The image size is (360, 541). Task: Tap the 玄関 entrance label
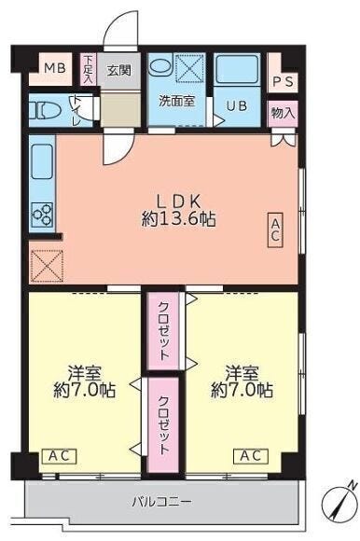(x=118, y=71)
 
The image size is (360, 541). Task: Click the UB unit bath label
(x=237, y=104)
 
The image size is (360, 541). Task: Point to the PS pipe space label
(x=284, y=82)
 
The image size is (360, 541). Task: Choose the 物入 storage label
(x=284, y=113)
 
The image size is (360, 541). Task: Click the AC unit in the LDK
(x=275, y=229)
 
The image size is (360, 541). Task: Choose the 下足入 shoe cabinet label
(x=89, y=70)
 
